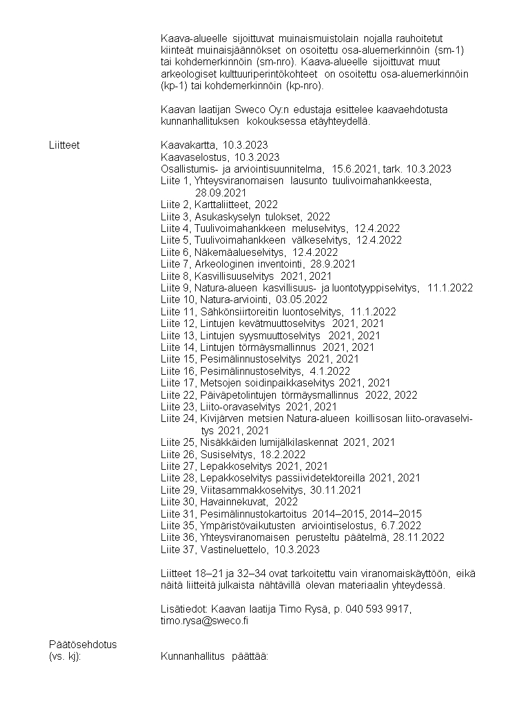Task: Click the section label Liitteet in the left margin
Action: tap(64, 145)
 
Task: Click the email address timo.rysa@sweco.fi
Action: tap(205, 620)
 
